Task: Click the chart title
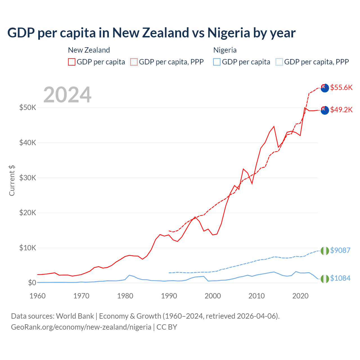(x=151, y=33)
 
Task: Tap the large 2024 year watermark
(x=67, y=95)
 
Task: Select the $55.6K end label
(x=341, y=87)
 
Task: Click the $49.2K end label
(x=341, y=110)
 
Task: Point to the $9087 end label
(x=340, y=250)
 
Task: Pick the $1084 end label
(x=340, y=278)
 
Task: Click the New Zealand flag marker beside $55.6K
(x=325, y=88)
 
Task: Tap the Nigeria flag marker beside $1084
(x=325, y=279)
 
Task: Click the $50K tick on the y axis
(x=28, y=108)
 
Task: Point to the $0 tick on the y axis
(x=32, y=283)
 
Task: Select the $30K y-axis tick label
(x=28, y=178)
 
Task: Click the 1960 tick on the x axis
(x=37, y=296)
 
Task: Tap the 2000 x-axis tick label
(x=213, y=296)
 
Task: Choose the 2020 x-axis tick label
(x=300, y=296)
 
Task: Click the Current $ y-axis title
(x=12, y=181)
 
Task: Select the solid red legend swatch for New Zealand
(x=72, y=62)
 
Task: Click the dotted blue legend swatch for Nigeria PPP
(x=279, y=62)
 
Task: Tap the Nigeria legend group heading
(x=225, y=50)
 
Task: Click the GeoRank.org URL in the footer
(x=81, y=327)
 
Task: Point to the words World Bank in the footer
(x=75, y=316)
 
